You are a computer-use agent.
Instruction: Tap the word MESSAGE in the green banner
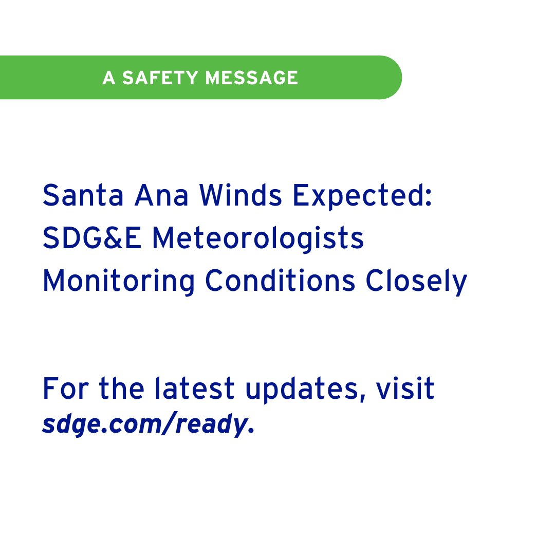click(251, 78)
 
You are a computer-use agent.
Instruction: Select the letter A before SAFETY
click(108, 78)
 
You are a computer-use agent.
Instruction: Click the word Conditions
click(280, 282)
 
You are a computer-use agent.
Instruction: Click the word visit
click(405, 390)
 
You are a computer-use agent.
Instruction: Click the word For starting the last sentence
click(62, 390)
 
